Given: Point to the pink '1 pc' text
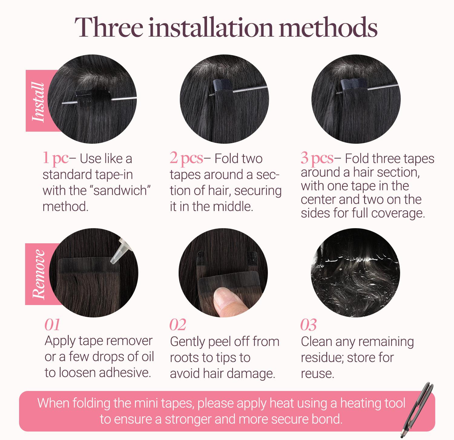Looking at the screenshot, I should [55, 158].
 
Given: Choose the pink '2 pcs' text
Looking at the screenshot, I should [186, 158].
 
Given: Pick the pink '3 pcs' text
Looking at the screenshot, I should [317, 158].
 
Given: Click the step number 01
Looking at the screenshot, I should [52, 325].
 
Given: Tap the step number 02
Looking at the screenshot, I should [178, 325].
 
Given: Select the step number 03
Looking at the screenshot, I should [308, 325].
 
